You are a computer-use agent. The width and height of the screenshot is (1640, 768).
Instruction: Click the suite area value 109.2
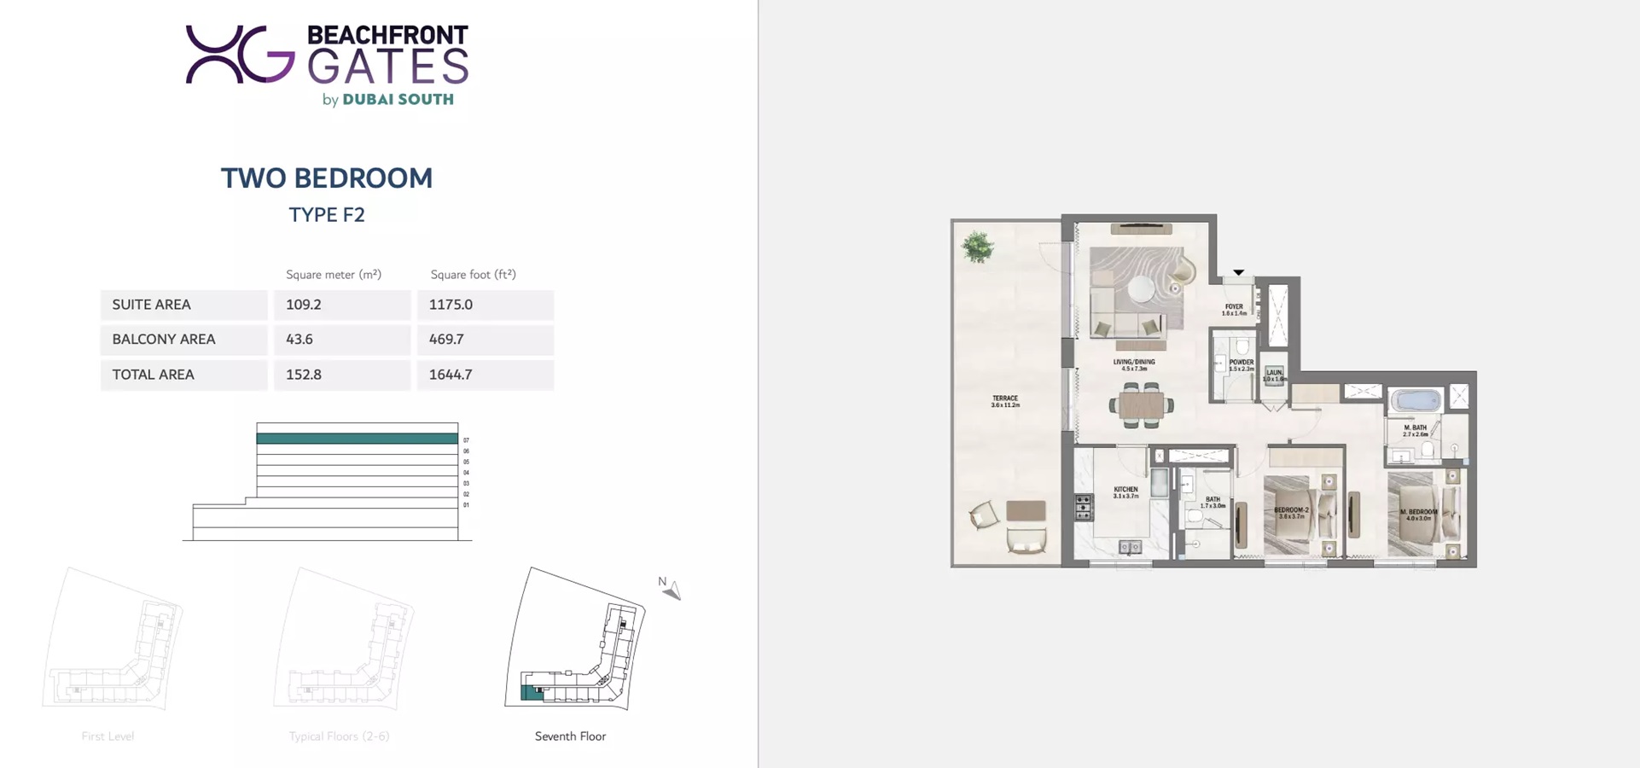[x=304, y=305]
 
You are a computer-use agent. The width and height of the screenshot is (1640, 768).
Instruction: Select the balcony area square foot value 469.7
[x=446, y=340]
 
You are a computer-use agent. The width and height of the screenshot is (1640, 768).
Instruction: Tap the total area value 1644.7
[x=451, y=375]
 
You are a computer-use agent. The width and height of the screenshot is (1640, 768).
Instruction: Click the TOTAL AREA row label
[x=154, y=375]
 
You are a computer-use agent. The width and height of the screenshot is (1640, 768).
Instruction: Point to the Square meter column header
[x=334, y=275]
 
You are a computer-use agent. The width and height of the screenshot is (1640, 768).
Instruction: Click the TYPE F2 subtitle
[x=327, y=215]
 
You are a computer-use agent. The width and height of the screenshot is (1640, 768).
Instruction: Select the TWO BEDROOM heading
[x=327, y=178]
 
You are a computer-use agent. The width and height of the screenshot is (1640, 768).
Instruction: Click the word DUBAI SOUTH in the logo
[x=398, y=100]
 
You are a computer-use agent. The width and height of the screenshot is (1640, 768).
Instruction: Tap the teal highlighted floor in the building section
[x=357, y=439]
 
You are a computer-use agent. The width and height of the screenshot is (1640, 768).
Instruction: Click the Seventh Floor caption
[x=570, y=736]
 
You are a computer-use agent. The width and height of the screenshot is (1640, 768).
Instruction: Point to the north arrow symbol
[x=672, y=590]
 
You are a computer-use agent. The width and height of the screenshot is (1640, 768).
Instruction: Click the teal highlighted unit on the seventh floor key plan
[x=531, y=693]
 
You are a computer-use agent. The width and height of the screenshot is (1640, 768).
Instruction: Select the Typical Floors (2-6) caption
[x=339, y=736]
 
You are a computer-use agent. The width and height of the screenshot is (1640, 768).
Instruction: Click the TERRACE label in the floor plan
[x=1005, y=399]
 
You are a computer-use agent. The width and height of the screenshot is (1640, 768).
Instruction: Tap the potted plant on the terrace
[x=978, y=247]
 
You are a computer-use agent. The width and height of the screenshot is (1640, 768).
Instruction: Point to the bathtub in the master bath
[x=1416, y=399]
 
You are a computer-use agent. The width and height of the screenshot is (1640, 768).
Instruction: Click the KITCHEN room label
[x=1125, y=490]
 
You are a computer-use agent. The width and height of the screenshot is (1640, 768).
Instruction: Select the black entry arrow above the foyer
[x=1238, y=273]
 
